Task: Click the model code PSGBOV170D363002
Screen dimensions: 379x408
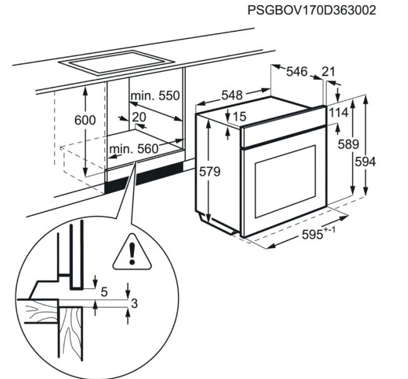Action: pyautogui.click(x=312, y=11)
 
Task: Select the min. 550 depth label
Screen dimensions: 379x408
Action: pyautogui.click(x=155, y=96)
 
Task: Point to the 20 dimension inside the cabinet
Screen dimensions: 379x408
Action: pyautogui.click(x=139, y=117)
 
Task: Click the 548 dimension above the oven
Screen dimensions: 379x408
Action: pyautogui.click(x=231, y=95)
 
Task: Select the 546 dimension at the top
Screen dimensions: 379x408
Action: pyautogui.click(x=296, y=72)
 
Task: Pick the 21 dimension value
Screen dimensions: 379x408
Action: pyautogui.click(x=328, y=72)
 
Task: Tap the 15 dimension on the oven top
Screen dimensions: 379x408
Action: pyautogui.click(x=238, y=116)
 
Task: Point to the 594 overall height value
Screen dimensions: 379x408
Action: pyautogui.click(x=365, y=162)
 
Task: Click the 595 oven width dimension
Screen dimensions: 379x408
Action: pyautogui.click(x=314, y=235)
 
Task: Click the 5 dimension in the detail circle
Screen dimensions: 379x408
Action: pyautogui.click(x=104, y=292)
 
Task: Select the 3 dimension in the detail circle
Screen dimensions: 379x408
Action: pyautogui.click(x=133, y=304)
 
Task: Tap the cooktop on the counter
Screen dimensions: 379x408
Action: pyautogui.click(x=116, y=61)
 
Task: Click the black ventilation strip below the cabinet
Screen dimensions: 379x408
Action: pyautogui.click(x=145, y=177)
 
